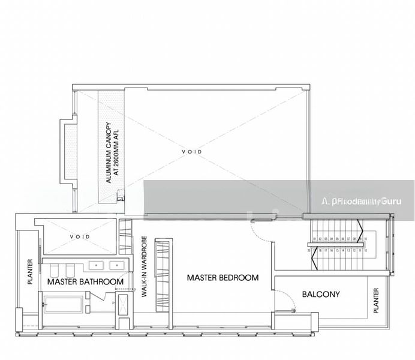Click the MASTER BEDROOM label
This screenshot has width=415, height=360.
(222, 278)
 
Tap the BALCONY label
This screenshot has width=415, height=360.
(321, 295)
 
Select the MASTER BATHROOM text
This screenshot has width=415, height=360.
(85, 281)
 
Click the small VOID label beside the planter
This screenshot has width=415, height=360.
(80, 237)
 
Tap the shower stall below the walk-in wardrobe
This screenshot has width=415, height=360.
(122, 305)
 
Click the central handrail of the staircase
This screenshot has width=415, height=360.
(338, 247)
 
